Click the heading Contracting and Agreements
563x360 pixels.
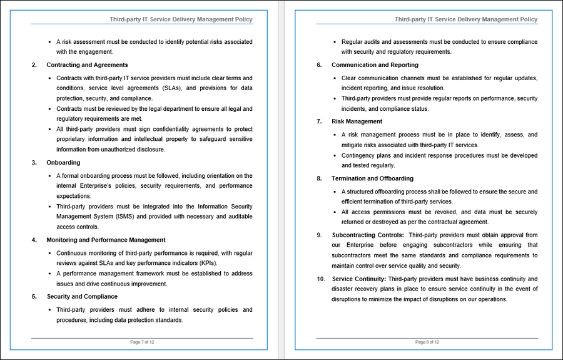coord(87,65)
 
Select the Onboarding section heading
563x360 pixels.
coord(63,163)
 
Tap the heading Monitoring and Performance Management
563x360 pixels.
coord(106,240)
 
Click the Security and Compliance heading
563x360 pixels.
coord(83,297)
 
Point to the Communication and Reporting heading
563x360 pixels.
coord(375,65)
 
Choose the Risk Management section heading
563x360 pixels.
coord(357,121)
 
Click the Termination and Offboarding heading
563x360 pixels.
coord(372,178)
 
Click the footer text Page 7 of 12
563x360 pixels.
coord(142,342)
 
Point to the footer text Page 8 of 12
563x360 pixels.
coord(427,342)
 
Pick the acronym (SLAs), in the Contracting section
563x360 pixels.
coord(170,88)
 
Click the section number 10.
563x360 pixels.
coord(320,279)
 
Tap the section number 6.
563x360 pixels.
coord(319,65)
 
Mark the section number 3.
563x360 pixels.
coord(34,163)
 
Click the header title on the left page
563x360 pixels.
coord(181,19)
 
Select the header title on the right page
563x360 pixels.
coord(466,19)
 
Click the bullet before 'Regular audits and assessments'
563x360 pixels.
coord(335,42)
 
